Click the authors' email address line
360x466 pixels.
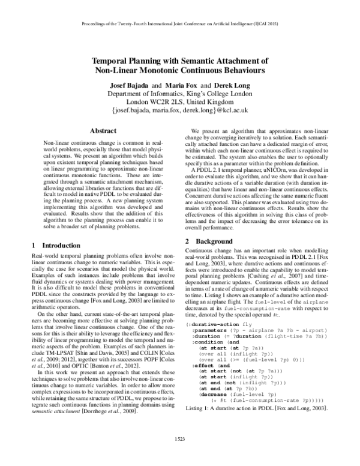[x=180, y=111]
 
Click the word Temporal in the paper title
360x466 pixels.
[x=118, y=61]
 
